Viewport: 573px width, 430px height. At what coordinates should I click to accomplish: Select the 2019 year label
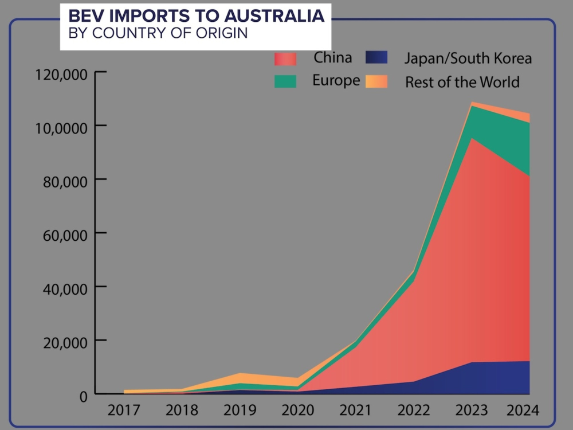(x=240, y=411)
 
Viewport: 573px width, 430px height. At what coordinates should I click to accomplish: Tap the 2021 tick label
(x=356, y=411)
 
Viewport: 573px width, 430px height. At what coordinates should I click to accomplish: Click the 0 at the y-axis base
(x=84, y=396)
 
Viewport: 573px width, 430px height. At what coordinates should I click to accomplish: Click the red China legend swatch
(x=285, y=58)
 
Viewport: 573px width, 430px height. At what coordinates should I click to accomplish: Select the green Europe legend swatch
(x=285, y=81)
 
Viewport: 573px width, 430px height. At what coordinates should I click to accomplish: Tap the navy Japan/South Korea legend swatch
(x=377, y=57)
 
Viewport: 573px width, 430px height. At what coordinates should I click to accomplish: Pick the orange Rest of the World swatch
(x=377, y=81)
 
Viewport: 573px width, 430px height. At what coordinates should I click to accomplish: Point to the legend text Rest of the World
(x=462, y=82)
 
